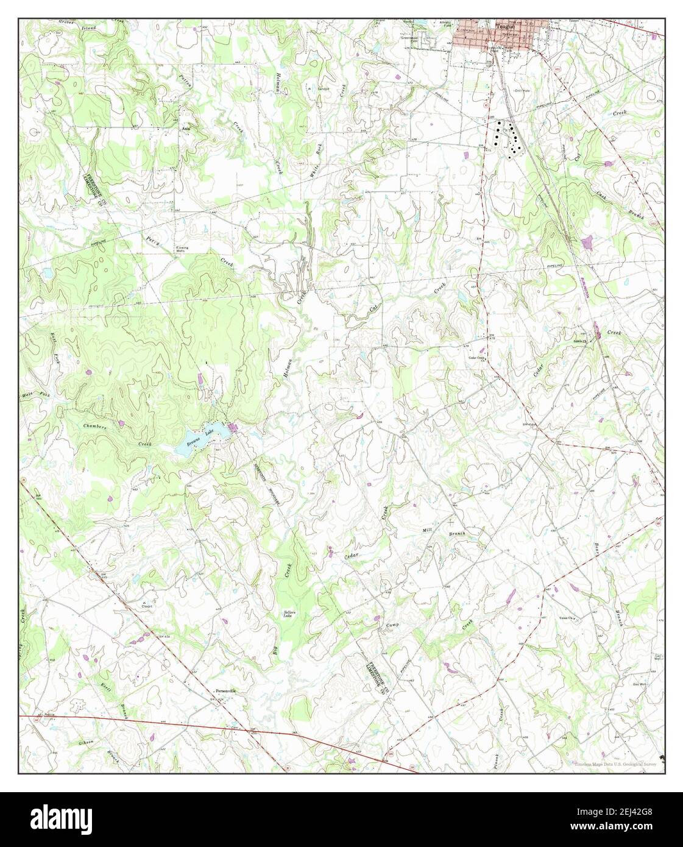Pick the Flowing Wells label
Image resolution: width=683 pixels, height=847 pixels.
181,249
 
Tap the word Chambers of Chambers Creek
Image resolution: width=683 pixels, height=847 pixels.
95,427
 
